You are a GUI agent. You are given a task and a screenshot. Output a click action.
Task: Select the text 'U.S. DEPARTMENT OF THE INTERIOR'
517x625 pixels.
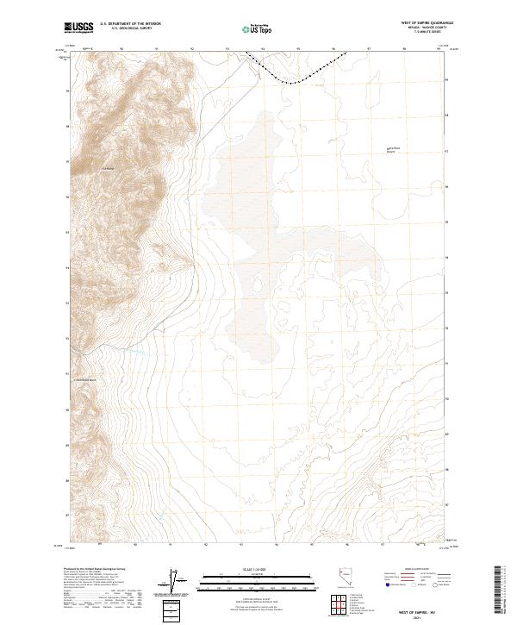130,24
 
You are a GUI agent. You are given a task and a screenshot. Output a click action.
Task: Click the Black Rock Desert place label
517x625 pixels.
394,148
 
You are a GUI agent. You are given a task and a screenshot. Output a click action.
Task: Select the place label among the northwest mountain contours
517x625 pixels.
107,167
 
